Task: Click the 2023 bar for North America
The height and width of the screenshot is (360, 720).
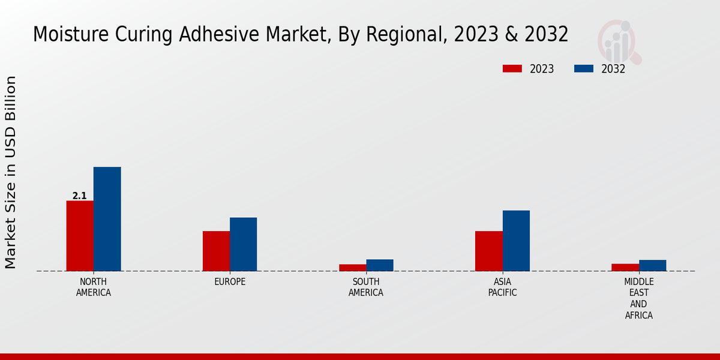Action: point(80,236)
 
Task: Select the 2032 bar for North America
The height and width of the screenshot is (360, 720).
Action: point(107,219)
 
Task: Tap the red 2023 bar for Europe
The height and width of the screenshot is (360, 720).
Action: point(216,251)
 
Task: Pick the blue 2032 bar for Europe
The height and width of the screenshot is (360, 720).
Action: point(243,244)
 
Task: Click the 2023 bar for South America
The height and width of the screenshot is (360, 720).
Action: point(352,268)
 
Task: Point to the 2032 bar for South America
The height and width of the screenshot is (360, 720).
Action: point(380,265)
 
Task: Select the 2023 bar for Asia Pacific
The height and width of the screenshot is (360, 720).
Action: point(488,251)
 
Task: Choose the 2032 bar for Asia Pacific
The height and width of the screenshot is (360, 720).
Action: point(516,241)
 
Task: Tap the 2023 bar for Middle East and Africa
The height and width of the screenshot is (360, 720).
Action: point(625,268)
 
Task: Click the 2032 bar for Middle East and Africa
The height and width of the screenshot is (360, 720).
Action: point(652,265)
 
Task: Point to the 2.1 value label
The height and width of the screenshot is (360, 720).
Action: point(79,196)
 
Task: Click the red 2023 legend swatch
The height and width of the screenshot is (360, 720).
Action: point(512,68)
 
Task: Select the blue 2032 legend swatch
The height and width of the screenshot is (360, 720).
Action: point(584,68)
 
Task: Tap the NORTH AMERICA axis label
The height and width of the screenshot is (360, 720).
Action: point(93,287)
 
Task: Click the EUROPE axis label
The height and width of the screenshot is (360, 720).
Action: point(230,282)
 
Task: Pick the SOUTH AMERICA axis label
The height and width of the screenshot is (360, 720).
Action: point(366,287)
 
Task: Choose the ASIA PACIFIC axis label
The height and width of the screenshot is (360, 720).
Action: point(502,287)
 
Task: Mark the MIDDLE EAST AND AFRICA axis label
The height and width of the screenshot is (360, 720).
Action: point(638,298)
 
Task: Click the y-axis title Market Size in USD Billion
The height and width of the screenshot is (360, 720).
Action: point(11,172)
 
